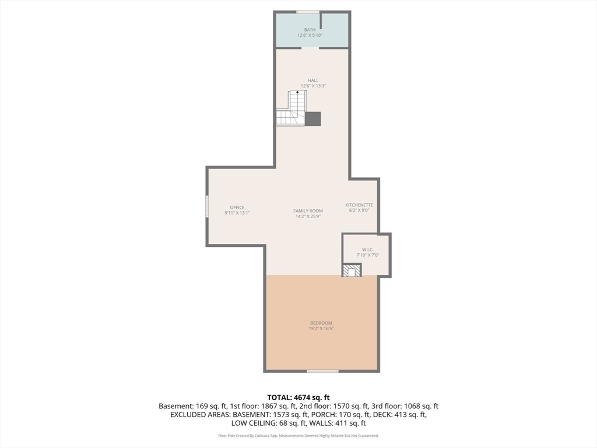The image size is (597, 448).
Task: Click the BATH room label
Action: click(310, 30)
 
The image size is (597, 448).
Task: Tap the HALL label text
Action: click(313, 80)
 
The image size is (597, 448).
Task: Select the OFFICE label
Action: click(237, 208)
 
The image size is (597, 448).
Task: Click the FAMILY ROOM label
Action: click(308, 211)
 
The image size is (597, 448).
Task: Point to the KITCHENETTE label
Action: click(359, 205)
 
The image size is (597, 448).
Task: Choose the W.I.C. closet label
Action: click(368, 250)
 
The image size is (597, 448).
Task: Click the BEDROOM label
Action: click(321, 323)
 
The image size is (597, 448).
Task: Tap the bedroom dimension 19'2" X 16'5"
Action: click(321, 328)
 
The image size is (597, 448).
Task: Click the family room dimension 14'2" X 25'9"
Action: click(308, 216)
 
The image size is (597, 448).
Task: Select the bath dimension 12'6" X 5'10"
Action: click(310, 35)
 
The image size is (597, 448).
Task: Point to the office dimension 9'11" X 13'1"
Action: click(237, 213)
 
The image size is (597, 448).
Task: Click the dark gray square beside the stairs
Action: click(313, 119)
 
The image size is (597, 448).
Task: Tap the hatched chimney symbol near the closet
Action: click(352, 271)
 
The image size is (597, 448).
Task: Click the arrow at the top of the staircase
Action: click(297, 92)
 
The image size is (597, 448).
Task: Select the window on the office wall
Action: click(207, 206)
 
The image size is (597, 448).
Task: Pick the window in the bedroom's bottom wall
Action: click(323, 371)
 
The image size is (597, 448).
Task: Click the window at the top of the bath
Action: click(308, 12)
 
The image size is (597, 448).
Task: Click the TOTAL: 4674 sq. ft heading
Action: click(298, 398)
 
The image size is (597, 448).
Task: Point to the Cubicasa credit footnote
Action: click(298, 435)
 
